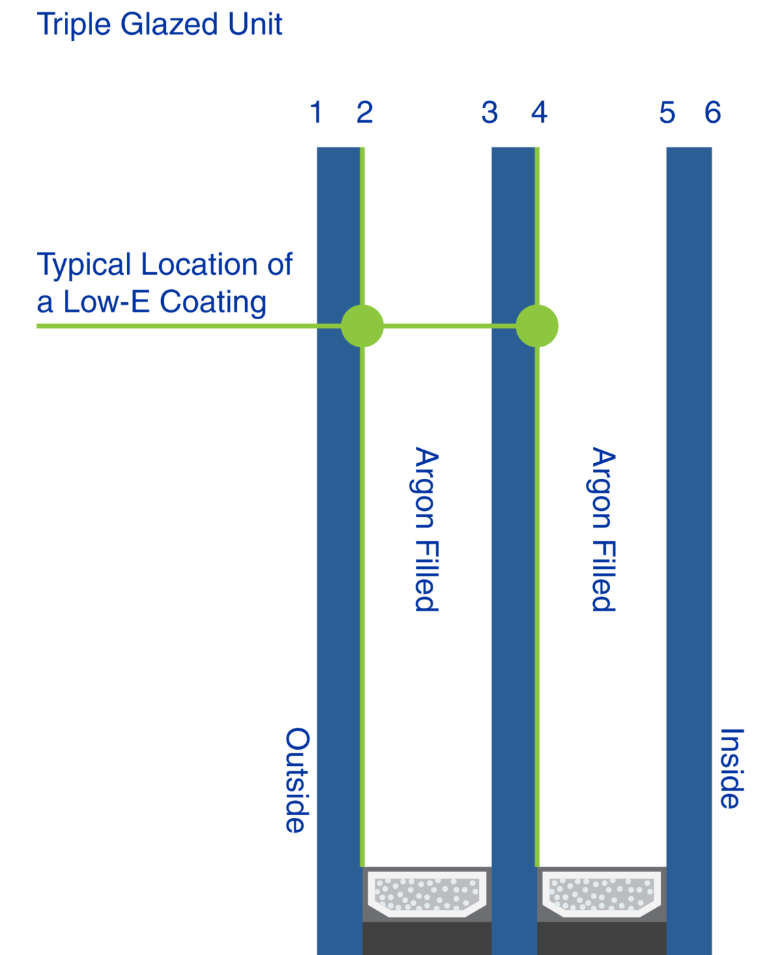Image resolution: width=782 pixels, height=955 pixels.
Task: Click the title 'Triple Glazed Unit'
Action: [160, 25]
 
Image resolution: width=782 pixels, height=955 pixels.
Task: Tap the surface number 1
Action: [316, 113]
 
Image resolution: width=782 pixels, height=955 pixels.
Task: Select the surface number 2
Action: [364, 113]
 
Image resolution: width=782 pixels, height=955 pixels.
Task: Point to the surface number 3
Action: [489, 113]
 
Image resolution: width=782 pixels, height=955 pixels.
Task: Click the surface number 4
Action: [539, 113]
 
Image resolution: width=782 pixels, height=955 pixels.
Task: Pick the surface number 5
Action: [667, 113]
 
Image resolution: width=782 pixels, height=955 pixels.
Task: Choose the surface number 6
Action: [712, 113]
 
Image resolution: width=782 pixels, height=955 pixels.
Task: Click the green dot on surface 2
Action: [362, 326]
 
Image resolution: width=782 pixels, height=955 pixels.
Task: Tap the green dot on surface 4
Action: [537, 326]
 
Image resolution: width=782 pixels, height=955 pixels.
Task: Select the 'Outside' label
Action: [298, 780]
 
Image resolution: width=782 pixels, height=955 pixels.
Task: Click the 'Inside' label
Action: [732, 768]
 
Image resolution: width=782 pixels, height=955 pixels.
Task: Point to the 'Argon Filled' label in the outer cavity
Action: [427, 529]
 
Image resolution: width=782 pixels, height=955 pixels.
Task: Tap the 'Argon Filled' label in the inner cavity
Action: [604, 529]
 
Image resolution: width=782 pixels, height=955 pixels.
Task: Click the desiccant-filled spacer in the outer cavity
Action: [426, 893]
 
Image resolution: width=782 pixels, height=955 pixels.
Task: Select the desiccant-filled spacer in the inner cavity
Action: [601, 893]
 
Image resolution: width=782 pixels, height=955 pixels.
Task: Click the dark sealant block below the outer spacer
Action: [426, 939]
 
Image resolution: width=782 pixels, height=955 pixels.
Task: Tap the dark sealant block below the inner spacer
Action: [601, 939]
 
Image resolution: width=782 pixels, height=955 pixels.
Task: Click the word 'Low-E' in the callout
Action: [106, 302]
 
